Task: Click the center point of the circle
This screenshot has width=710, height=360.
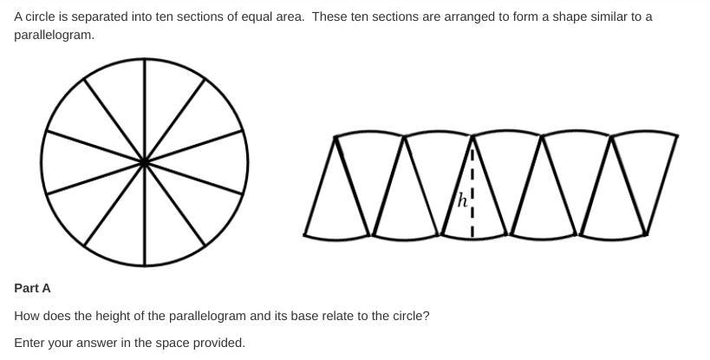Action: click(144, 162)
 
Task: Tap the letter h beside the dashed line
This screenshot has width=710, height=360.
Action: click(463, 200)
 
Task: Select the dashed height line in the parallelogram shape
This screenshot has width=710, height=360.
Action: click(472, 187)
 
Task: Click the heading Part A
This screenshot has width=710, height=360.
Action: click(32, 288)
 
